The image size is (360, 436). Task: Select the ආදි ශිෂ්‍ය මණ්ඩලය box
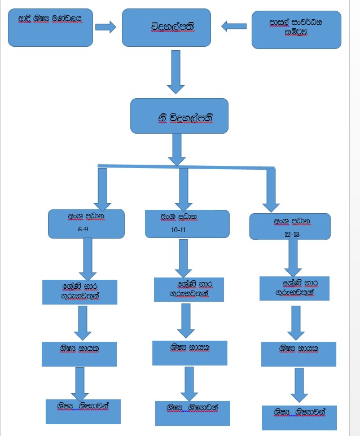pos(50,27)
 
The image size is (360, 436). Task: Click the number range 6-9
pos(84,230)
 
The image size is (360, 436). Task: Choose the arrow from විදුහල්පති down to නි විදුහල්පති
pos(176,72)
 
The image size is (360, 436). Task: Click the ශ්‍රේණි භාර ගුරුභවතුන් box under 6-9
pos(80,292)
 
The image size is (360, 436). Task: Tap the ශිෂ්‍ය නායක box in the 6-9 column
pos(79,354)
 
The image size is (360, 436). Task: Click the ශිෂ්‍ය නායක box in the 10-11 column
pos(190,353)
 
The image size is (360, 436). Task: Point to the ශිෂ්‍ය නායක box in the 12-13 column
pos(298,354)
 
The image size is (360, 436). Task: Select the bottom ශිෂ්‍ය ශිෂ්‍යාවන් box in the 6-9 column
pos(83,411)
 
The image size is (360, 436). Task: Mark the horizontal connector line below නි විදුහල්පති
pos(186,166)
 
